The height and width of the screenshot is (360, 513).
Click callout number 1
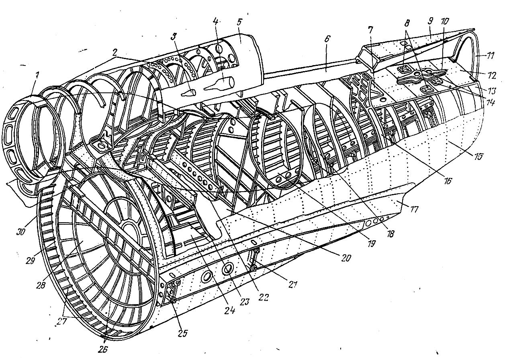[x=37, y=76]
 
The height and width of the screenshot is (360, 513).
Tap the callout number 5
[x=239, y=23]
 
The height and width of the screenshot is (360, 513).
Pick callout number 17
[x=415, y=209]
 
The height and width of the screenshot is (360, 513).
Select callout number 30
[x=20, y=232]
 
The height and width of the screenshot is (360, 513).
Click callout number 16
[x=447, y=181]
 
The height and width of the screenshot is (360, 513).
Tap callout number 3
[x=174, y=37]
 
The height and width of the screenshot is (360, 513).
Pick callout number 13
[x=491, y=91]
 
